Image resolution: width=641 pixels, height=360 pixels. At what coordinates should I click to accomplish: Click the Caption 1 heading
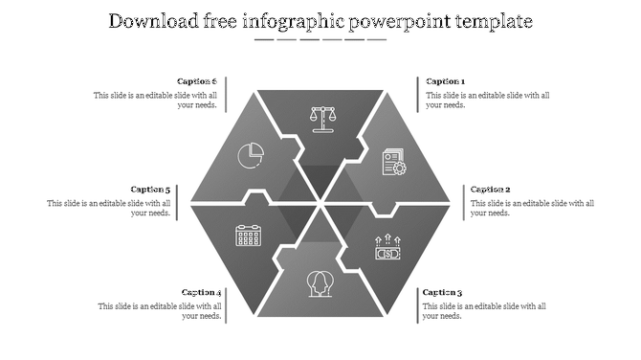pyautogui.click(x=446, y=82)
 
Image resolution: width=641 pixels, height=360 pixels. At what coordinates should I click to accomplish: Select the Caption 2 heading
pyautogui.click(x=490, y=190)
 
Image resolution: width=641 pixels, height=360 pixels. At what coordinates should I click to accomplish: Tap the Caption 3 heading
pyautogui.click(x=442, y=293)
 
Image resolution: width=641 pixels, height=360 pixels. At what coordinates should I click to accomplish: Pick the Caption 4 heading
pyautogui.click(x=201, y=293)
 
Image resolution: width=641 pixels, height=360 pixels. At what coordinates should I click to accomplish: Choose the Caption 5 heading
pyautogui.click(x=150, y=190)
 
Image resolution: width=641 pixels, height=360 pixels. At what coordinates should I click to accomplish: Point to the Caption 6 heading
pyautogui.click(x=197, y=82)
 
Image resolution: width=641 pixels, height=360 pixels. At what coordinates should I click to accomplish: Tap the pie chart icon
pyautogui.click(x=252, y=153)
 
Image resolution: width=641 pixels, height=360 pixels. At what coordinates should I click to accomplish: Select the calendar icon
pyautogui.click(x=249, y=235)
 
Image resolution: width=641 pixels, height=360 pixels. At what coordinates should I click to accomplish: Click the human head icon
pyautogui.click(x=320, y=281)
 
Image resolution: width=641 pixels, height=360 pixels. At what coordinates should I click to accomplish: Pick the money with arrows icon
pyautogui.click(x=387, y=248)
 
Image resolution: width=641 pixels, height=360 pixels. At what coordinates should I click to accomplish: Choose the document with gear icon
pyautogui.click(x=393, y=162)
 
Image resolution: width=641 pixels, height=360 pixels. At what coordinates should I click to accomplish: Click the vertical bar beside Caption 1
pyautogui.click(x=418, y=94)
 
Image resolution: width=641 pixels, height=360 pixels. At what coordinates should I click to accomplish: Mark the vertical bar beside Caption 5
pyautogui.click(x=178, y=201)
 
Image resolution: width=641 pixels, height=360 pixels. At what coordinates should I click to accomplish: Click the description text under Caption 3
pyautogui.click(x=484, y=311)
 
